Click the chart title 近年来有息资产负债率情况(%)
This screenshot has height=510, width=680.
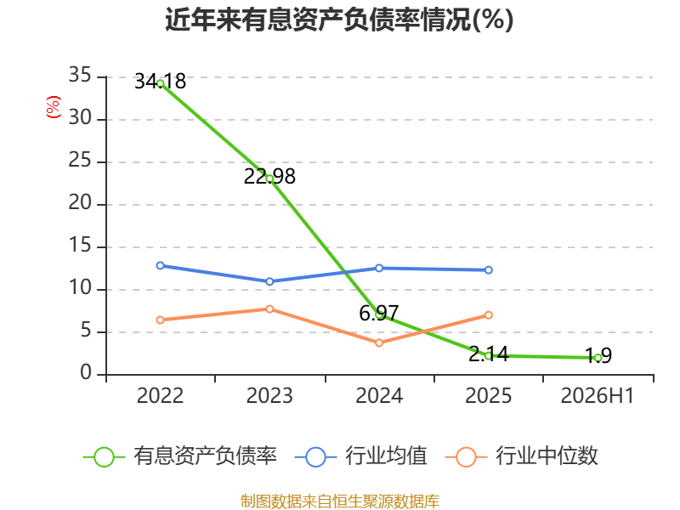click(339, 20)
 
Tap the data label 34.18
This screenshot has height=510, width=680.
click(160, 81)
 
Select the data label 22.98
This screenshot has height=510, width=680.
click(269, 176)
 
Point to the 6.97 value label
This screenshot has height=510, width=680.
click(378, 313)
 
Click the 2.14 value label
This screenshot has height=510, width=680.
click(488, 354)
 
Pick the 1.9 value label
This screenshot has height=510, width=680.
click(598, 355)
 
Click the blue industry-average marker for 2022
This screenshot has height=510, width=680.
click(160, 265)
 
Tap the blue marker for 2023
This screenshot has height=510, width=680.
click(269, 281)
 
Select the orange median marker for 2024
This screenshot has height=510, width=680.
click(379, 343)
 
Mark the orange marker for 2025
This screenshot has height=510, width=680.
click(488, 314)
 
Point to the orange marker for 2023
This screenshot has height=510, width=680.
click(269, 309)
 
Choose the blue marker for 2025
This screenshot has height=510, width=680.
click(488, 269)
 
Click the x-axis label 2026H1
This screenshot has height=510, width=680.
click(598, 395)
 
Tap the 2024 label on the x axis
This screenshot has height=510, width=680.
click(379, 395)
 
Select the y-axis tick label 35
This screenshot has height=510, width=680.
click(80, 76)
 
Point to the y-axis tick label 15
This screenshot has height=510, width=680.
click(80, 246)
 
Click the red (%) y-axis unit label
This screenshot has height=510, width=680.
click(54, 107)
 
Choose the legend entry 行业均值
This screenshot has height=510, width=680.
click(360, 456)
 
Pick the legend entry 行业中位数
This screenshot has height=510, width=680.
click(521, 456)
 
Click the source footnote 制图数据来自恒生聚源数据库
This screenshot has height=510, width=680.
click(340, 501)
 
